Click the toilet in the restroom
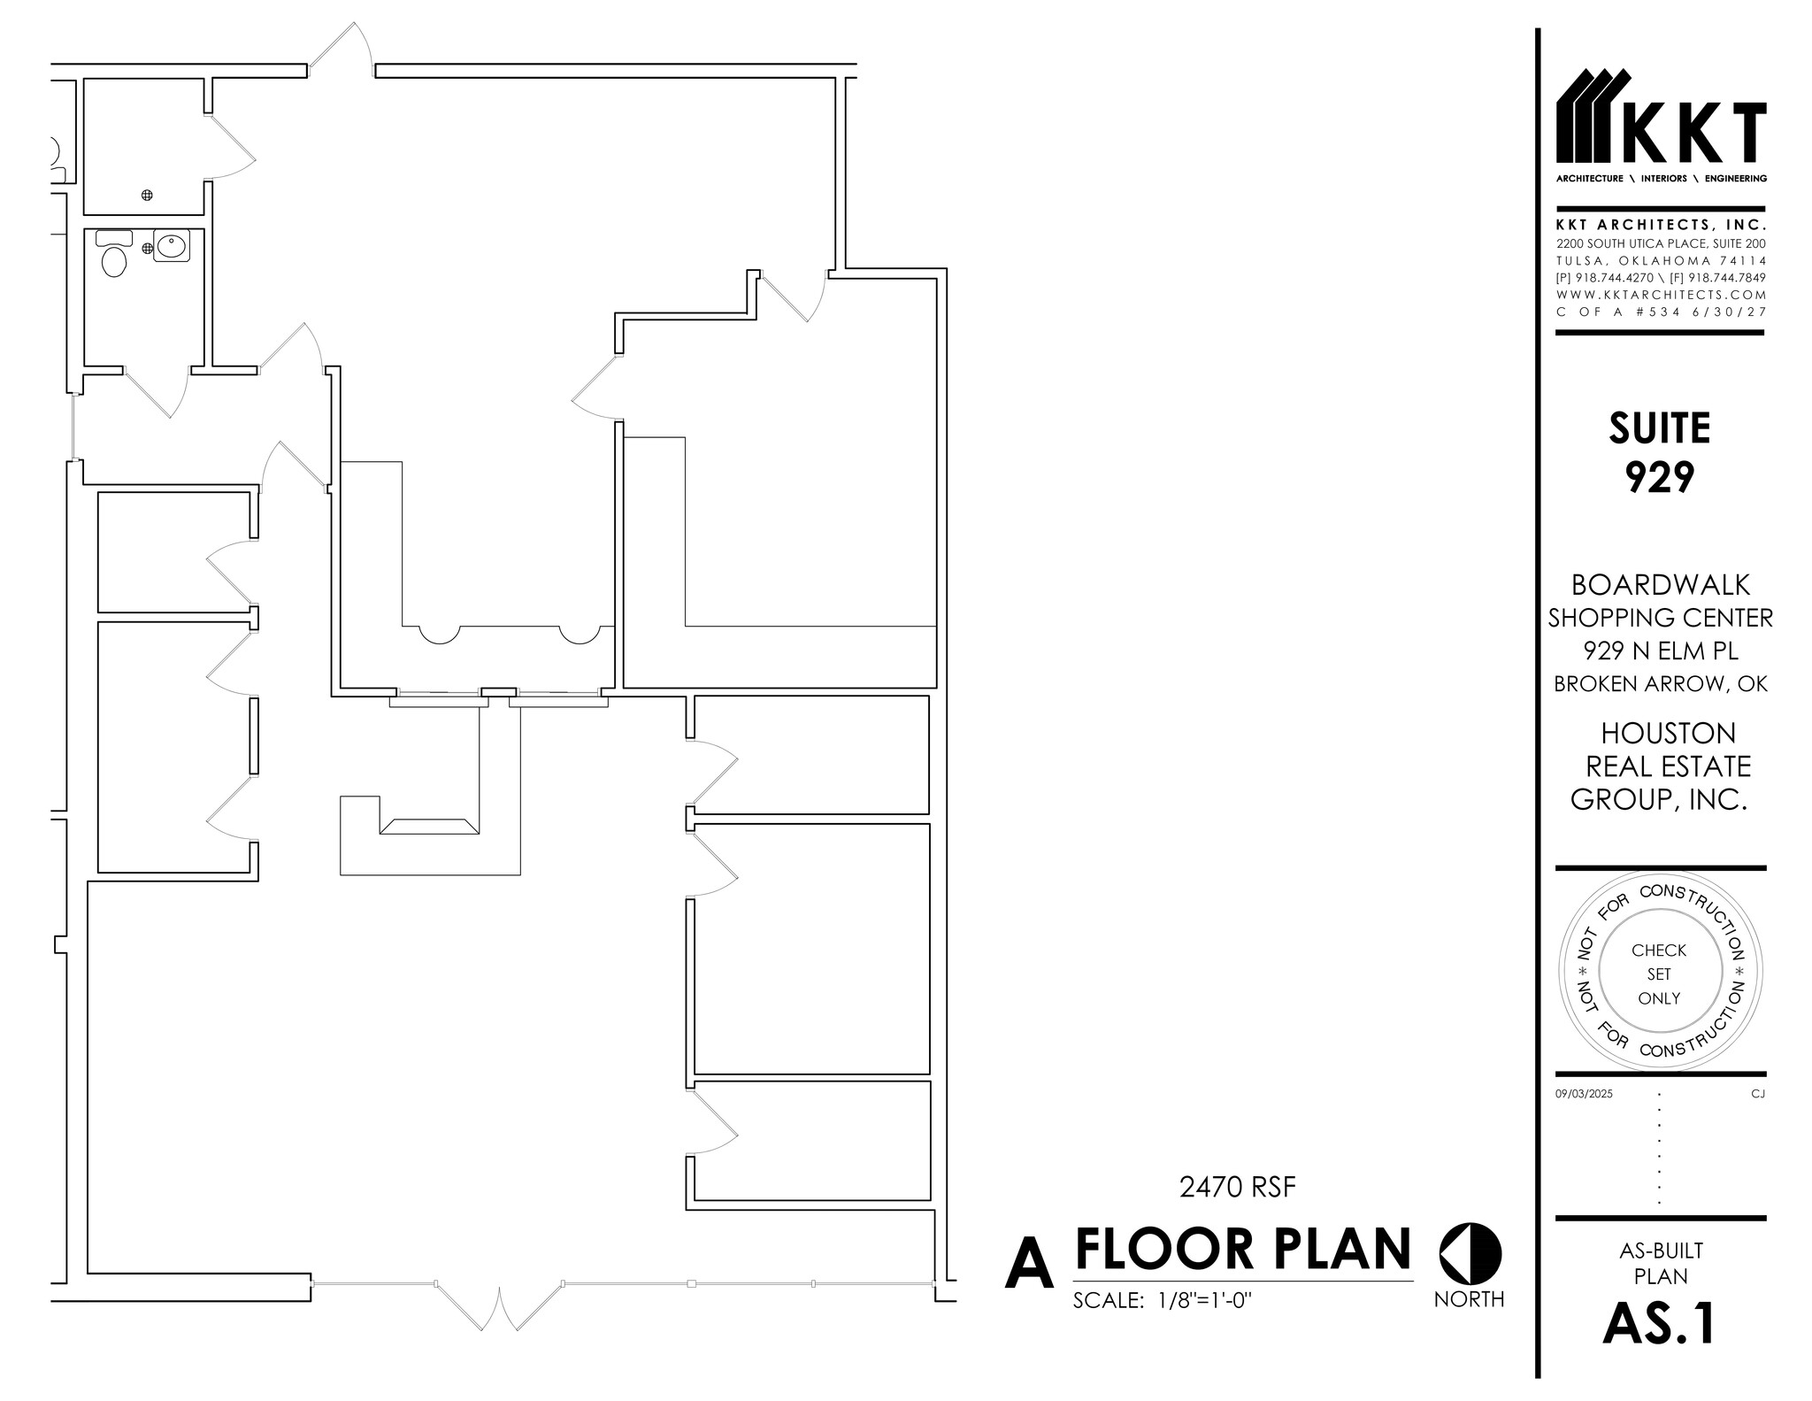click(x=114, y=261)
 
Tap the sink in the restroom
click(x=171, y=246)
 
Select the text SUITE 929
click(x=1659, y=452)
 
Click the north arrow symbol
click(x=1470, y=1254)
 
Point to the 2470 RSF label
click(x=1237, y=1187)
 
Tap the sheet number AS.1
click(x=1659, y=1324)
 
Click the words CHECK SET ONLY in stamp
click(x=1659, y=974)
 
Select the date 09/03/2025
click(x=1584, y=1094)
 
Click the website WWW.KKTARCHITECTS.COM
click(x=1661, y=295)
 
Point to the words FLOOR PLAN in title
click(x=1242, y=1249)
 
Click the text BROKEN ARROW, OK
click(x=1661, y=684)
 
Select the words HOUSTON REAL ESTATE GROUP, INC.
click(x=1661, y=766)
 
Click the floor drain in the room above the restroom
click(x=148, y=195)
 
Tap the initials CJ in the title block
click(x=1757, y=1094)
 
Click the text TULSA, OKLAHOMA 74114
click(x=1661, y=261)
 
